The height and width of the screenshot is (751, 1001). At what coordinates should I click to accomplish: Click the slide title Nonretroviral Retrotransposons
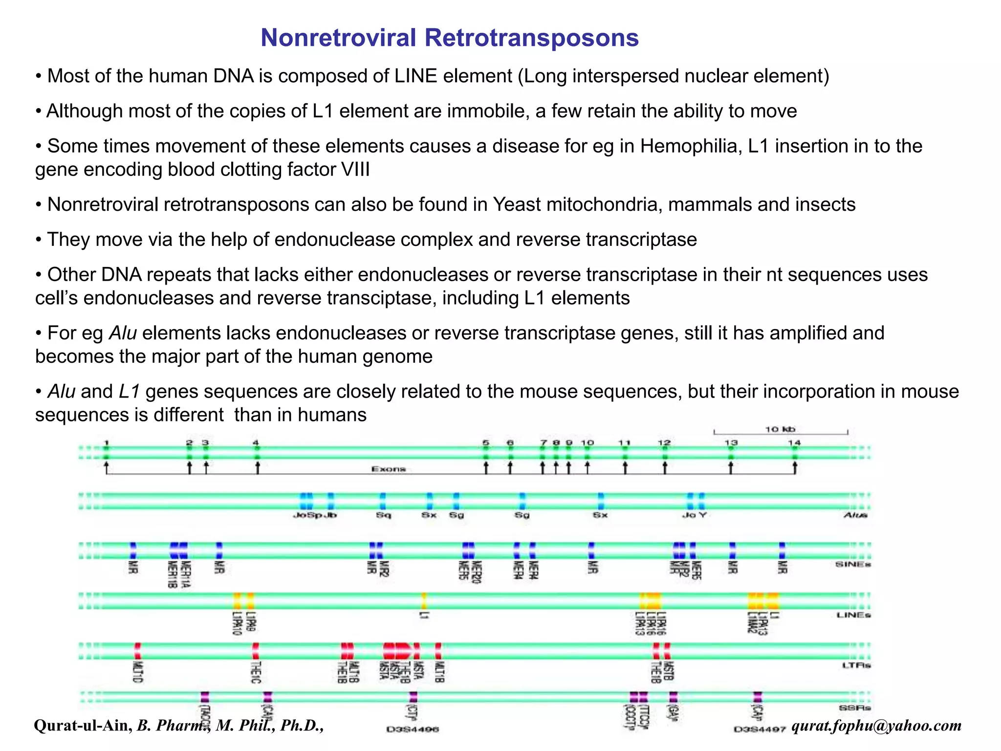click(x=449, y=38)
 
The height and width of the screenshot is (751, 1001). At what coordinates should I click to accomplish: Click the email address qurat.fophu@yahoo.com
click(x=876, y=725)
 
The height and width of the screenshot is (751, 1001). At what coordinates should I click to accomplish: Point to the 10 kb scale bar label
click(x=780, y=429)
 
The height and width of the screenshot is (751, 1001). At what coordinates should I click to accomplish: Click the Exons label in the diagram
click(x=389, y=469)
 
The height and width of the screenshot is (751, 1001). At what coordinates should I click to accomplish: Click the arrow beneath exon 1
click(x=107, y=467)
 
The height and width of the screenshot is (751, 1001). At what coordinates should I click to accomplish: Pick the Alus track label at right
click(x=855, y=515)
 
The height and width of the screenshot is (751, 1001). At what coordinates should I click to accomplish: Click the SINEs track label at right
click(x=853, y=564)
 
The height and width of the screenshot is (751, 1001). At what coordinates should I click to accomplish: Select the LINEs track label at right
click(x=853, y=615)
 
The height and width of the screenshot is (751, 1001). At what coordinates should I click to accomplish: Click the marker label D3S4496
click(x=413, y=729)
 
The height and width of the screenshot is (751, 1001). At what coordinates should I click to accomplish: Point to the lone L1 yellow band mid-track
click(x=424, y=600)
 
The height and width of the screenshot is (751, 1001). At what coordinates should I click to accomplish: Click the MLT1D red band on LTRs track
click(x=138, y=651)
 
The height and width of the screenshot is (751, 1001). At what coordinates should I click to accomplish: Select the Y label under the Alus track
click(x=702, y=515)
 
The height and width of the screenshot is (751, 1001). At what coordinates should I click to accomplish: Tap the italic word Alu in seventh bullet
click(x=123, y=333)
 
